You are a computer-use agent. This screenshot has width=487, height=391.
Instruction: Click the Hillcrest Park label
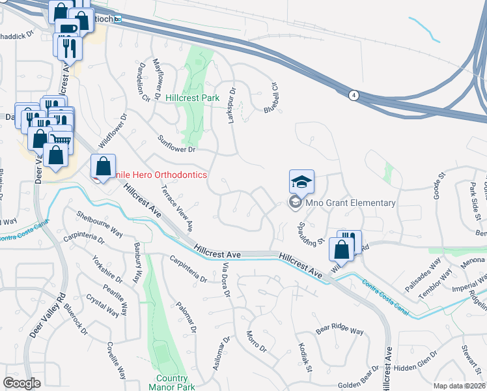coord(193,98)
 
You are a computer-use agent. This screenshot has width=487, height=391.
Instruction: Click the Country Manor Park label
coord(171,383)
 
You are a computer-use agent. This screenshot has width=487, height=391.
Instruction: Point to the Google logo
coord(21,383)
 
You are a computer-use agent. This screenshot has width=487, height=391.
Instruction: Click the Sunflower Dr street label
coord(177,144)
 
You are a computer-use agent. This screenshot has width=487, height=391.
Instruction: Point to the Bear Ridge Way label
coord(340,330)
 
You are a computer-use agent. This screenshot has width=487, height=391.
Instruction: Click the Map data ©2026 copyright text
coord(458,386)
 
